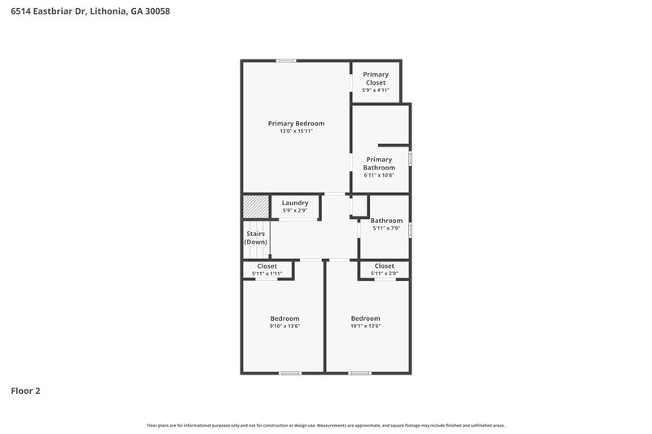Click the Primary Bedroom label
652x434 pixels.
point(296,123)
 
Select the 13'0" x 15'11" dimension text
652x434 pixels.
point(296,131)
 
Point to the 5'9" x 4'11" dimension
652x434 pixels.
point(376,90)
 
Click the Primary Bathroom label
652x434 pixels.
point(379,164)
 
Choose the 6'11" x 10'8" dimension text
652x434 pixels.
point(379,175)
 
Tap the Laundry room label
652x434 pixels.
point(295,203)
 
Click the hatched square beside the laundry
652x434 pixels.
point(255,206)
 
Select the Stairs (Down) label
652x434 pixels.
point(256,238)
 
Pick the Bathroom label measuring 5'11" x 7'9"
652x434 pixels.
point(386,221)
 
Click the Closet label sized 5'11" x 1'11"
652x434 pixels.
point(267,266)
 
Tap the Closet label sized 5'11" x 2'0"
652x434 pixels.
point(384,266)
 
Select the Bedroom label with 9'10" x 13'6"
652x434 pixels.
point(284,318)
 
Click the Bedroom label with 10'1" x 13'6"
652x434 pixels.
point(365,318)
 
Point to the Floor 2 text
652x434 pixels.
point(25,391)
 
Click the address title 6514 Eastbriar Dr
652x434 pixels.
point(90,12)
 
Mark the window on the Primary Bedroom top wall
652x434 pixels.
point(286,60)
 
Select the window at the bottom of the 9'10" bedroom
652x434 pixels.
point(289,373)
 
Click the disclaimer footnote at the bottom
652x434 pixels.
point(325,425)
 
